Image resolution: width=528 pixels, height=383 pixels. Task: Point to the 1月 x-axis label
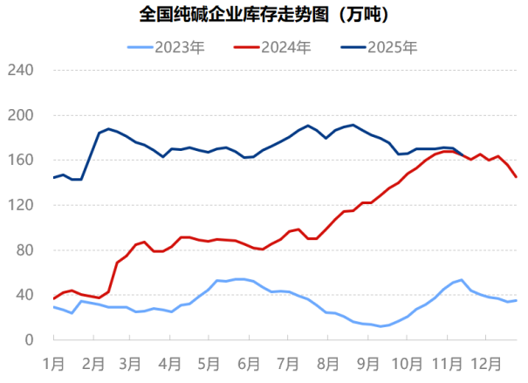(x=54, y=360)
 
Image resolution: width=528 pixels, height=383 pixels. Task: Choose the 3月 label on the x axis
(x=130, y=360)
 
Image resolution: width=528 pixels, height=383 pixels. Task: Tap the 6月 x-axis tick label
(x=249, y=360)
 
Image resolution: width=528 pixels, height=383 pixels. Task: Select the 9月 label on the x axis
(x=367, y=360)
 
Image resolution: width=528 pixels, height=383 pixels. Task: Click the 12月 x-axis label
(x=485, y=360)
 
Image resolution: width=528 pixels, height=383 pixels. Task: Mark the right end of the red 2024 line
(x=517, y=177)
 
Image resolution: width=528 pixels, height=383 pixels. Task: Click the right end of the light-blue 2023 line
(x=517, y=300)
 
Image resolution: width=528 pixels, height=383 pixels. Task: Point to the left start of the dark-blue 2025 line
(x=54, y=178)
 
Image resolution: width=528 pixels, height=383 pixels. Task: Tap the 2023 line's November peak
(x=461, y=280)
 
